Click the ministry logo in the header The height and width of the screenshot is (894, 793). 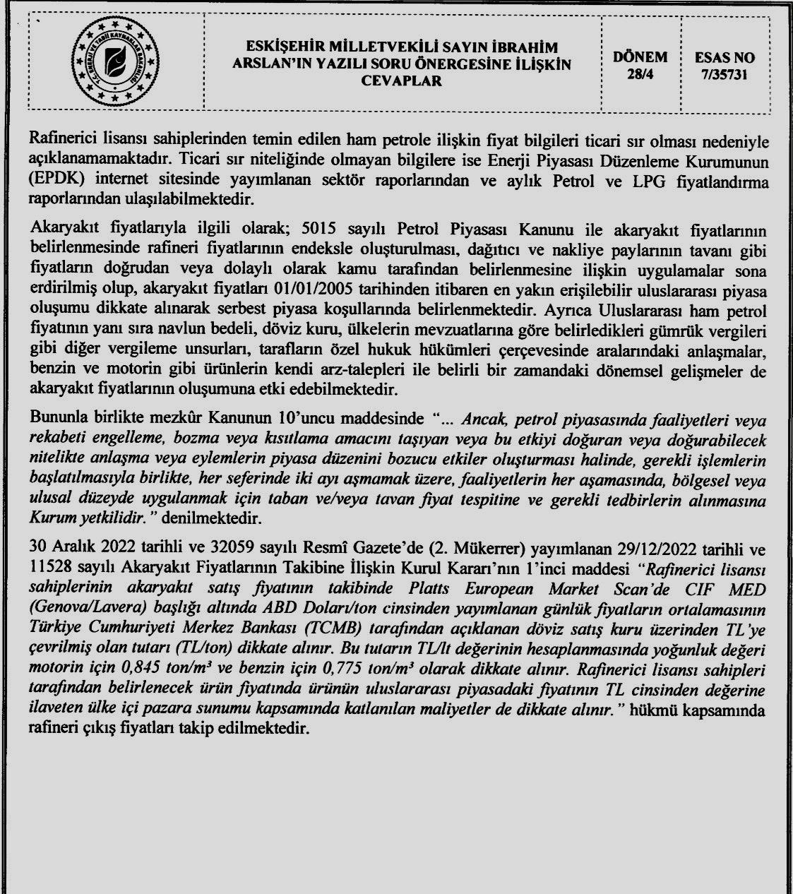coord(113,63)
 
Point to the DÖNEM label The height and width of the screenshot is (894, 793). coord(640,57)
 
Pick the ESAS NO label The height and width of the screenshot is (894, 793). coord(725,57)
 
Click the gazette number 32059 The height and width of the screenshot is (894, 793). coord(227,549)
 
